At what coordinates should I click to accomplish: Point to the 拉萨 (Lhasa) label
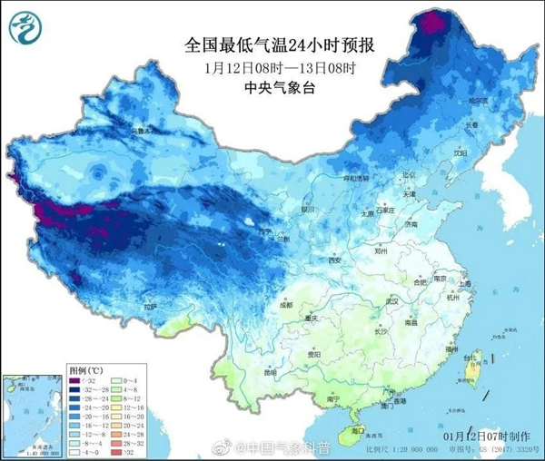[x=146, y=308]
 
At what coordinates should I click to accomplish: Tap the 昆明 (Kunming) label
[x=268, y=372]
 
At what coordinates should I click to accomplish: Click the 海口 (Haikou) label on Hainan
[x=358, y=430]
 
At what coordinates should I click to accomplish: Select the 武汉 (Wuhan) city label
[x=392, y=300]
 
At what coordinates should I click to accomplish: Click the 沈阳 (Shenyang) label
[x=471, y=153]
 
